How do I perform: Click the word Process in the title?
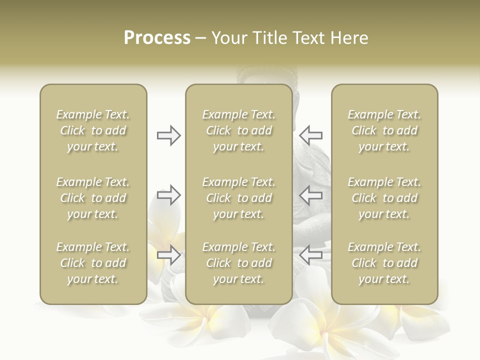click(157, 38)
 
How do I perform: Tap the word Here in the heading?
click(349, 38)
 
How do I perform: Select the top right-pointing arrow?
click(168, 135)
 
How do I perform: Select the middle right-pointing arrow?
click(168, 195)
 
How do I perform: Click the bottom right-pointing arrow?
click(168, 255)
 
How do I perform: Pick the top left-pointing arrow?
click(311, 135)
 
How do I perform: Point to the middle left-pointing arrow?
click(311, 195)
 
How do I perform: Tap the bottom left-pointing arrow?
click(311, 255)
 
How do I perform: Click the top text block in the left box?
click(93, 130)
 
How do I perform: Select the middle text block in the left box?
click(93, 198)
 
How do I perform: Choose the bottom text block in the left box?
click(93, 263)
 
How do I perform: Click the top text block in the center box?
click(239, 130)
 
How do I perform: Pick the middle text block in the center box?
click(239, 198)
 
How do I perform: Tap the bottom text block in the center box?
click(239, 263)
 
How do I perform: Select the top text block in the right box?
click(384, 130)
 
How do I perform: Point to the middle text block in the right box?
click(384, 198)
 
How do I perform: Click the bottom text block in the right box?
click(384, 263)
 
